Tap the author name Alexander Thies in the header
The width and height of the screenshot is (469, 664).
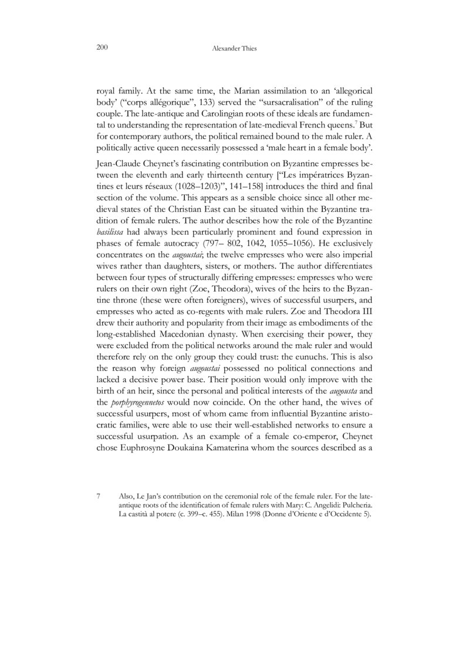coord(234,48)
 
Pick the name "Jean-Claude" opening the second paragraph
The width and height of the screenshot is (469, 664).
coord(117,160)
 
